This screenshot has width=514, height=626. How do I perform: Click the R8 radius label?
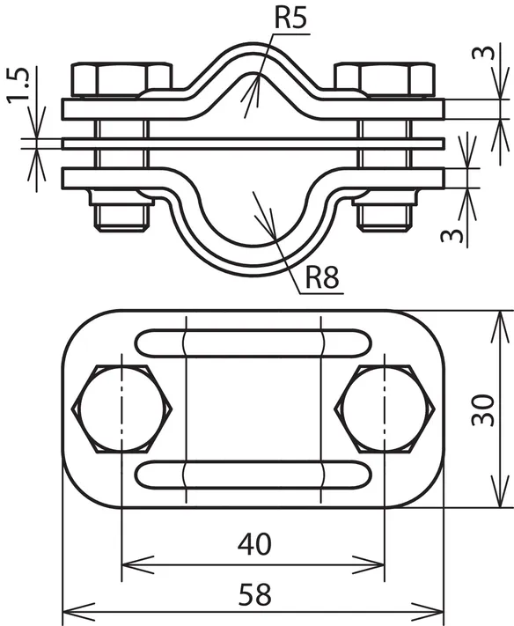coord(322,277)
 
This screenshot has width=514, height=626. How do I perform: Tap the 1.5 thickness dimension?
coord(18,85)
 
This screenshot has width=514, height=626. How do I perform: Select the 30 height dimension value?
coord(483,410)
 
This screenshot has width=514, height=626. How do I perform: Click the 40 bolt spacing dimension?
coord(254,544)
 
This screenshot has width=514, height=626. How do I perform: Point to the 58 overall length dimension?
coord(255,594)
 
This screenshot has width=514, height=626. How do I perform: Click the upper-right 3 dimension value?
coord(483,53)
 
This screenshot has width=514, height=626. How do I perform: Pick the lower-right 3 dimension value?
coord(452,236)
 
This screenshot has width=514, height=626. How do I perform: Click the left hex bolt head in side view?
coord(121,80)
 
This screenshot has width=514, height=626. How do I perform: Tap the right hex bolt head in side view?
coord(385,80)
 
